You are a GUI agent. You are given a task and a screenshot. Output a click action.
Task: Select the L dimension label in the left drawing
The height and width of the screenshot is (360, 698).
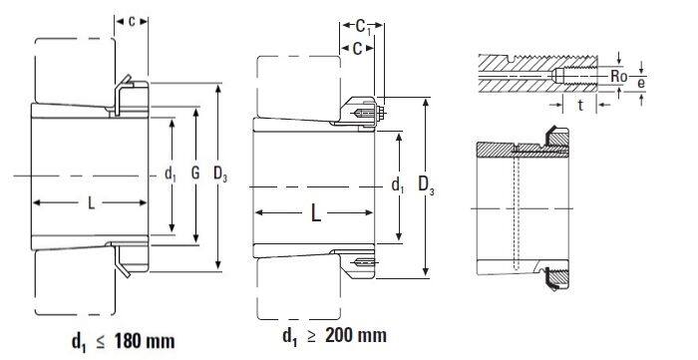click(91, 203)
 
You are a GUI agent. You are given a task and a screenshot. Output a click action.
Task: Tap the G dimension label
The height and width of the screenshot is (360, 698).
click(195, 175)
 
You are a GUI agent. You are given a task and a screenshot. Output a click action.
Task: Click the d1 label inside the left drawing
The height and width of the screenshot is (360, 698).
click(170, 175)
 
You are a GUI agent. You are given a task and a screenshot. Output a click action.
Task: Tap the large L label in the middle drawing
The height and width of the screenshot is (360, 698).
click(314, 212)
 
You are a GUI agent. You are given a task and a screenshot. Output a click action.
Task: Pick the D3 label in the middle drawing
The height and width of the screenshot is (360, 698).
click(426, 185)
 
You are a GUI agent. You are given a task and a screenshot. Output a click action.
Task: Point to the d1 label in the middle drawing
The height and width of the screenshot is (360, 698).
click(398, 184)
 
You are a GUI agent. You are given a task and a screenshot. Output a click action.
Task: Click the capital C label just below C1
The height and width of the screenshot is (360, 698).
click(358, 50)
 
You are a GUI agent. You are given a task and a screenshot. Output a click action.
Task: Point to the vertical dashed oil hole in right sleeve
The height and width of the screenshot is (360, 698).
click(517, 209)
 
